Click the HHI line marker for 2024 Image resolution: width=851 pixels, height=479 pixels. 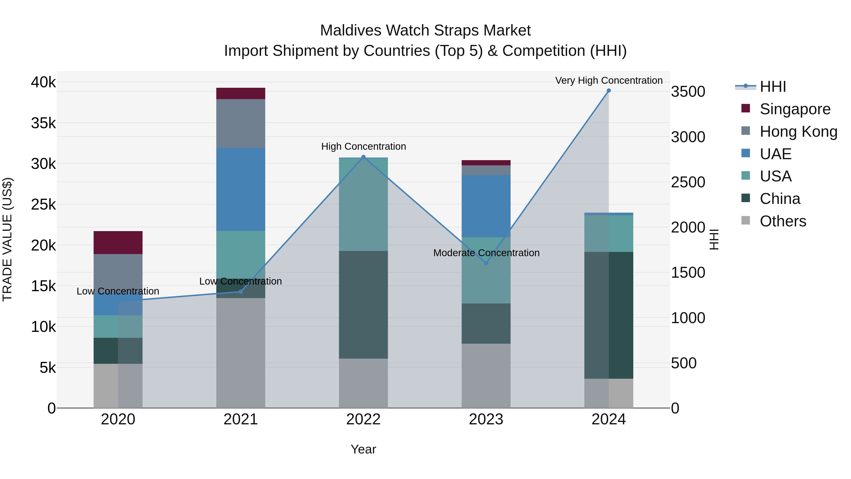[x=608, y=91]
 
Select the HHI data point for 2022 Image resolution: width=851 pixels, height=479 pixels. [x=363, y=157]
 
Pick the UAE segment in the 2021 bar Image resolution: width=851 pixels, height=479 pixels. [x=240, y=189]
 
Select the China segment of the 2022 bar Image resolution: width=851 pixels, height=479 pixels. [x=363, y=304]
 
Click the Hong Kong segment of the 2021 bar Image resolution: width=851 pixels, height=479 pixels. [x=240, y=123]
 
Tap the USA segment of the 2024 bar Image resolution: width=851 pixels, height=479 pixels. [x=608, y=233]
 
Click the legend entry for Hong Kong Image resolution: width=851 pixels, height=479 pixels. [x=798, y=132]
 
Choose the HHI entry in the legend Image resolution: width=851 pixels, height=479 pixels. [x=772, y=87]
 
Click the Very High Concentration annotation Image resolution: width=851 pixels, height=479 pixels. [x=608, y=80]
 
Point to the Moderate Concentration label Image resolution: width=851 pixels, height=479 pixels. [x=486, y=253]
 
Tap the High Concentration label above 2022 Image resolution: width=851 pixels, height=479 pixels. [x=363, y=146]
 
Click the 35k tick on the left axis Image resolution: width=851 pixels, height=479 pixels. [x=43, y=123]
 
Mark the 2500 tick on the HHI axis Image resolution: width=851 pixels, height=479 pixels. [x=688, y=182]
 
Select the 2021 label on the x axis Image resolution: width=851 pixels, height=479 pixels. [x=240, y=419]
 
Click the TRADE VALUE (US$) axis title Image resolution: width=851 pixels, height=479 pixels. [x=7, y=239]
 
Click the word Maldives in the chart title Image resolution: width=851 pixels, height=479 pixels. [x=351, y=31]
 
